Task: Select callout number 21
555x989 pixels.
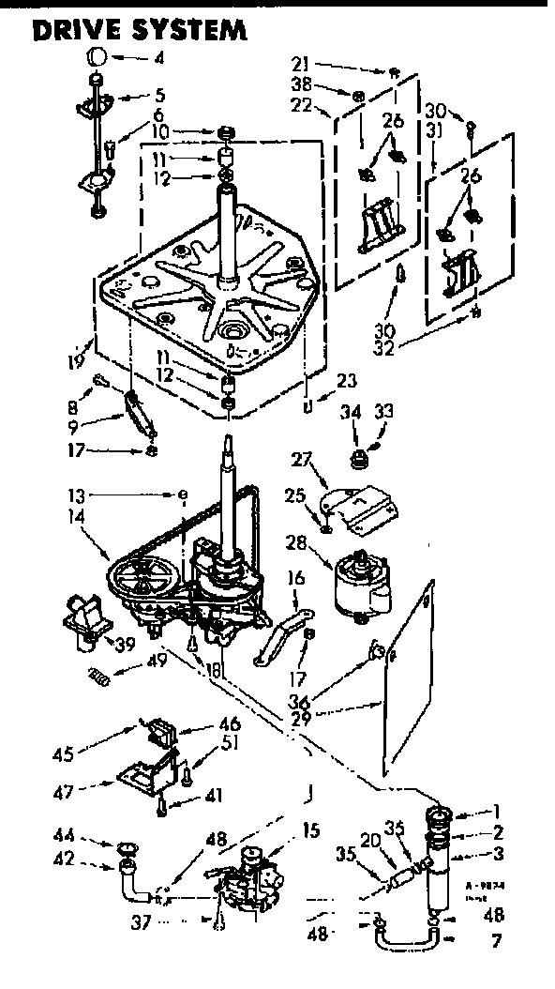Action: click(301, 65)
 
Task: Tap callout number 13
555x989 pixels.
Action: click(74, 494)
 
